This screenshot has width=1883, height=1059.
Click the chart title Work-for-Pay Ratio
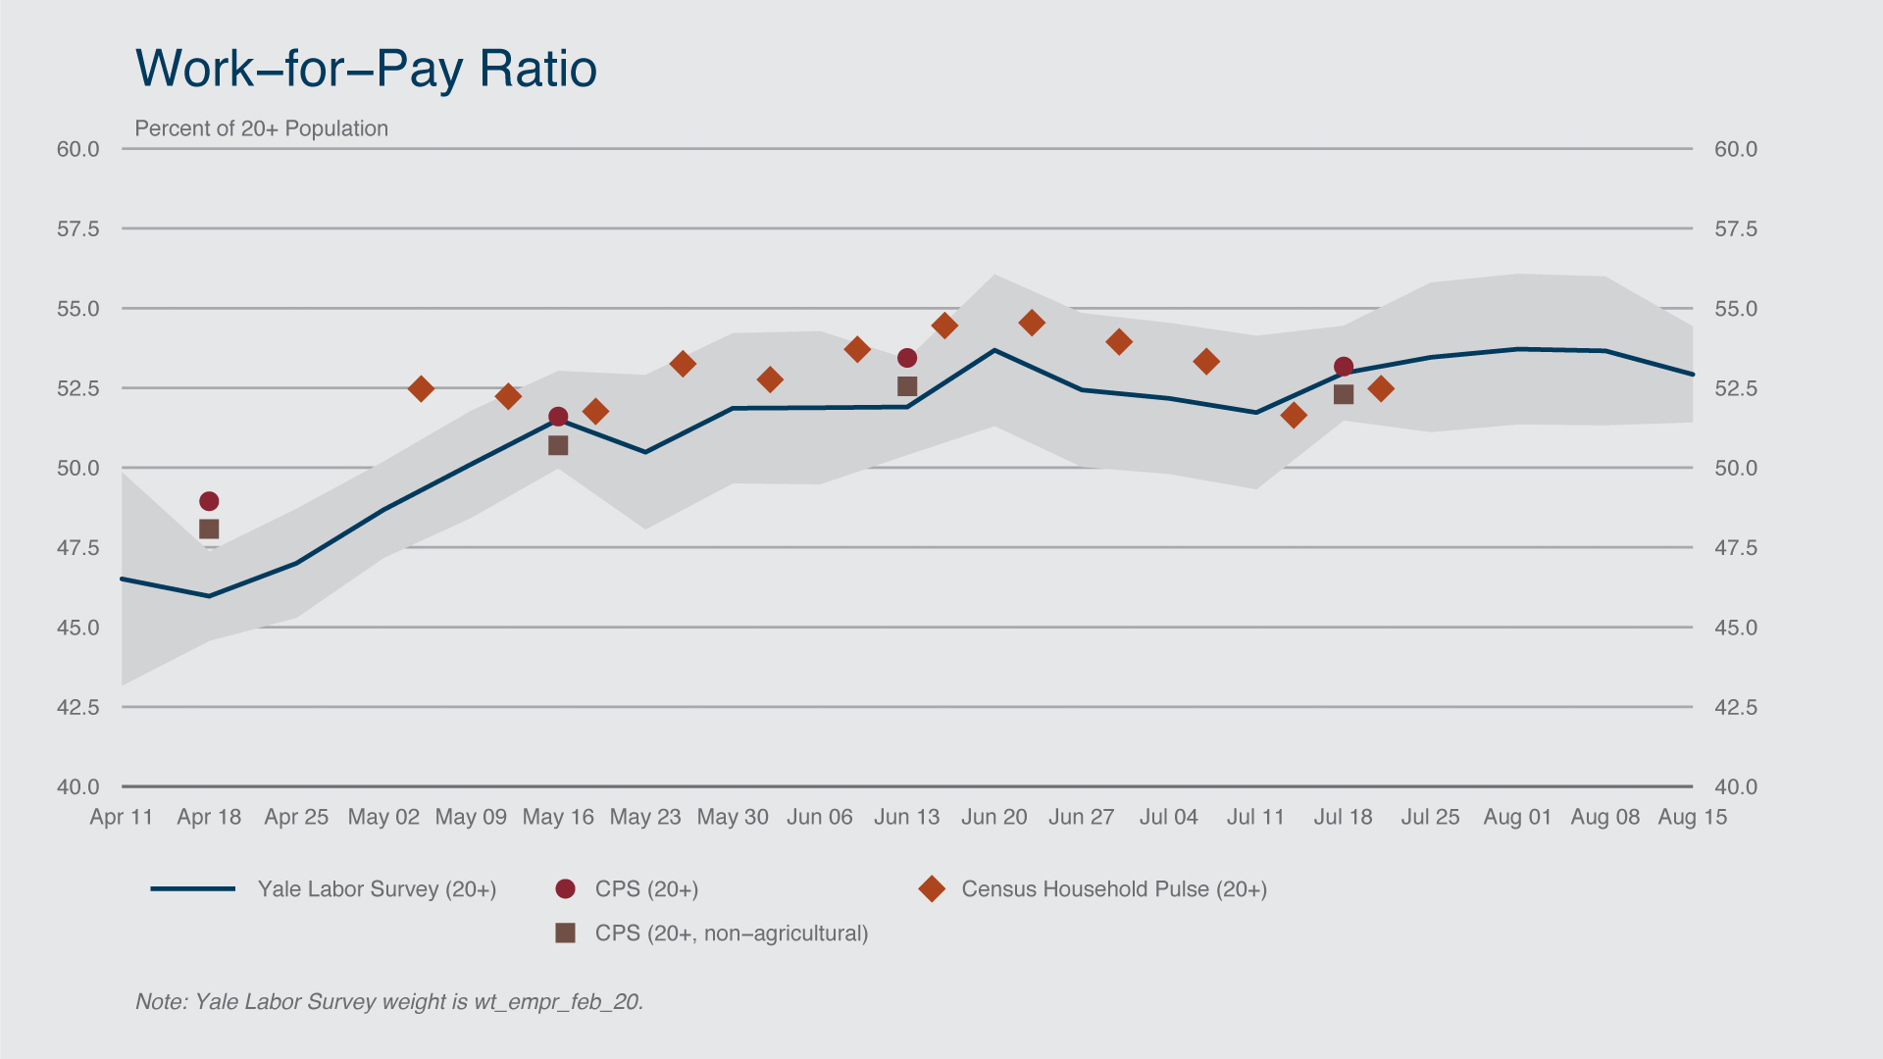(366, 69)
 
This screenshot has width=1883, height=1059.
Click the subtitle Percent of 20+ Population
(261, 128)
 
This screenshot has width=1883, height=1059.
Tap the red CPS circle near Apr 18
(209, 501)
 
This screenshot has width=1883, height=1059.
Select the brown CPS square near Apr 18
(209, 529)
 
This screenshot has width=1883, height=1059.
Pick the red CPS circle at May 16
(558, 417)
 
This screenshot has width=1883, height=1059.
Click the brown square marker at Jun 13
(907, 386)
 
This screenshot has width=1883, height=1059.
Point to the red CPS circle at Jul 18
(1344, 367)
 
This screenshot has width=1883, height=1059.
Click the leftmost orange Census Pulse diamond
(421, 389)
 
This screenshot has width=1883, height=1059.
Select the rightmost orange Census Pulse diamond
(1381, 389)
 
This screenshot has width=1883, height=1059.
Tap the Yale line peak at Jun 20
(994, 350)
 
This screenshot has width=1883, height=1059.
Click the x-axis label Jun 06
(820, 817)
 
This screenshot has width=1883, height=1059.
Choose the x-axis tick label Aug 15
(1692, 817)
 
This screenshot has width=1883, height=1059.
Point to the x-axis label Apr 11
(122, 817)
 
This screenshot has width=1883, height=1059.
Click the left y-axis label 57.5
(78, 229)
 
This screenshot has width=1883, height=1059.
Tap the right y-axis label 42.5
(1736, 707)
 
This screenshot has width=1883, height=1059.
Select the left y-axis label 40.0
(78, 786)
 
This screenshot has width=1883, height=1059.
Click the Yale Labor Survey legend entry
(377, 889)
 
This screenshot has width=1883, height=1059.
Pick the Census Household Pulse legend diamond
(932, 889)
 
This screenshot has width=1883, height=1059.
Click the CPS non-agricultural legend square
(565, 933)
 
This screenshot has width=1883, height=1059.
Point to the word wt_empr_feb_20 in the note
(557, 1002)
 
